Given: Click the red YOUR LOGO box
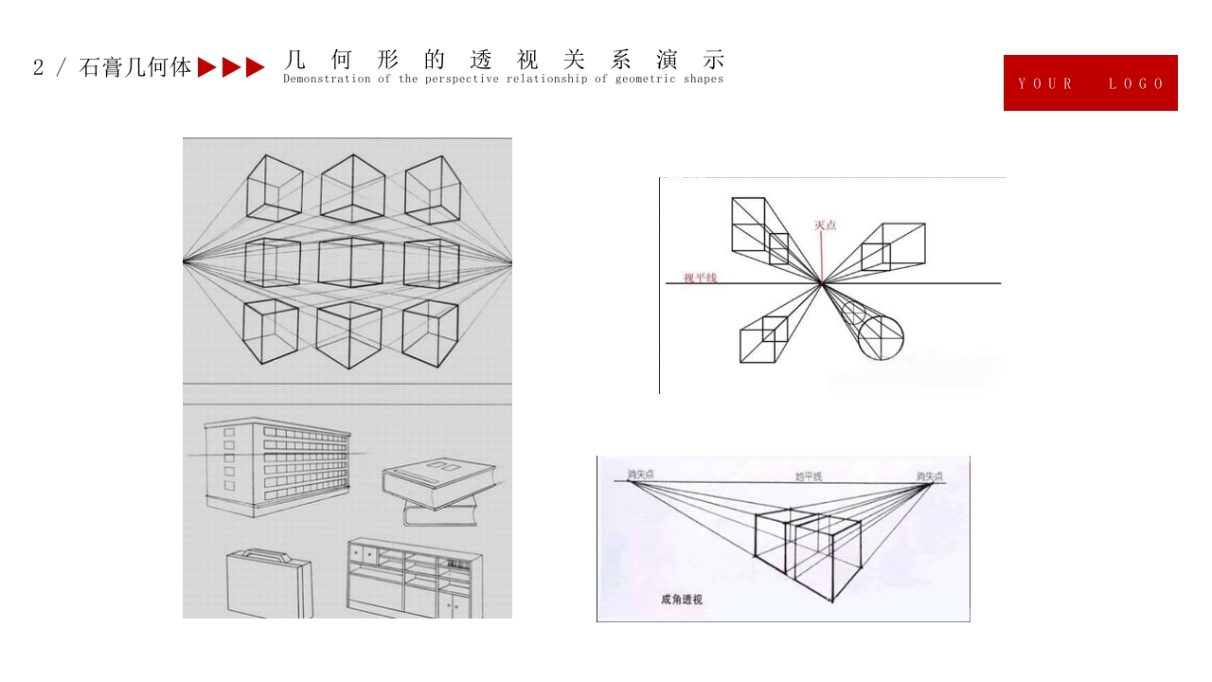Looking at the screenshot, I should [1090, 83].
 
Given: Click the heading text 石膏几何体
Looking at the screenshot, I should [135, 67].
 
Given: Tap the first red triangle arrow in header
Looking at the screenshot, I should [207, 67].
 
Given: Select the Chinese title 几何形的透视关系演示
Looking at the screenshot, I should [504, 60].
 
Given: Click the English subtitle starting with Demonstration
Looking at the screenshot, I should [503, 80].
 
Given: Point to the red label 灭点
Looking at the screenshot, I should [826, 225].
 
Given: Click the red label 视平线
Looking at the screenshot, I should [700, 278].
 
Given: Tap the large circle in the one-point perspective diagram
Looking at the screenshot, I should [881, 337].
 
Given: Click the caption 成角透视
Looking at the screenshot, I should [682, 600].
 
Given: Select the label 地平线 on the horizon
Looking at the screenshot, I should [808, 476].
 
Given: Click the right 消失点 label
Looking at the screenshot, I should [929, 476].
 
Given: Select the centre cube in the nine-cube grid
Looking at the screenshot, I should [351, 262].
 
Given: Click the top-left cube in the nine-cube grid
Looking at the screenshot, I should [275, 188].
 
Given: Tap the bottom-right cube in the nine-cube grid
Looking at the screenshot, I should [430, 333].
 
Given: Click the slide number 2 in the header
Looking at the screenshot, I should [38, 67].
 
